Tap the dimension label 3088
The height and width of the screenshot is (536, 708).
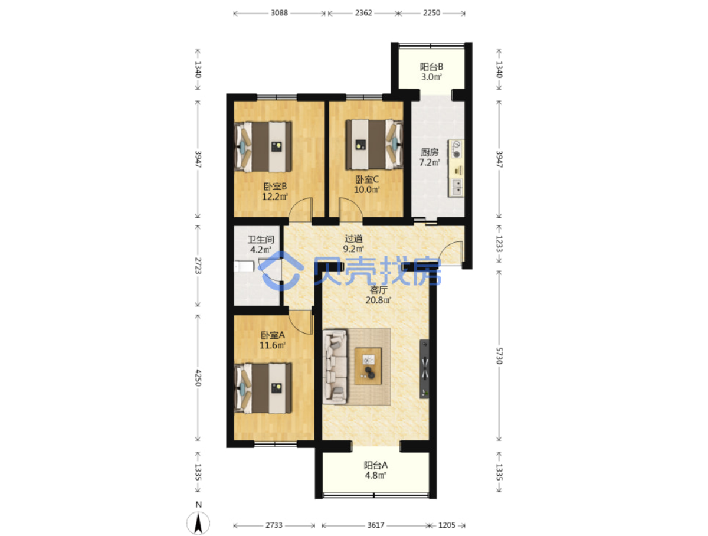pyautogui.click(x=279, y=13)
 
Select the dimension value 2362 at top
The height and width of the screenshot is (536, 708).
pyautogui.click(x=363, y=13)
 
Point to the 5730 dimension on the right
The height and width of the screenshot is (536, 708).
pyautogui.click(x=499, y=356)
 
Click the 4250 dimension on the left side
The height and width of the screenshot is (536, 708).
pyautogui.click(x=198, y=378)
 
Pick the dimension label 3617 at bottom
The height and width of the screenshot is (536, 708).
pyautogui.click(x=375, y=525)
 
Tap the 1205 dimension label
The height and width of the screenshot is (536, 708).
pyautogui.click(x=447, y=525)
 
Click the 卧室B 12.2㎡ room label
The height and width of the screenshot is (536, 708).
pyautogui.click(x=275, y=191)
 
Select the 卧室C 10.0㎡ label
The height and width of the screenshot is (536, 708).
pyautogui.click(x=367, y=184)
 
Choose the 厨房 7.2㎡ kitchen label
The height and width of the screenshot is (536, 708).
pyautogui.click(x=430, y=157)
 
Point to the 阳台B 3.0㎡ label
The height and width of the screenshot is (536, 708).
pyautogui.click(x=431, y=71)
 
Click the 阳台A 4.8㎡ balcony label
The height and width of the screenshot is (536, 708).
pyautogui.click(x=375, y=470)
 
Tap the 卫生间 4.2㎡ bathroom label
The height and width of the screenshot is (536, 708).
pyautogui.click(x=261, y=244)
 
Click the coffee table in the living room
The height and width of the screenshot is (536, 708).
pyautogui.click(x=368, y=366)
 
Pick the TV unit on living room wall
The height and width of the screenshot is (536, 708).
pyautogui.click(x=424, y=368)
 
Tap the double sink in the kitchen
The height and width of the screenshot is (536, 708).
pyautogui.click(x=456, y=188)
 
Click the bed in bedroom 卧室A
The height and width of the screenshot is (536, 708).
pyautogui.click(x=263, y=388)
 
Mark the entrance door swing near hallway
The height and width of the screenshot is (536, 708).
pyautogui.click(x=451, y=253)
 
